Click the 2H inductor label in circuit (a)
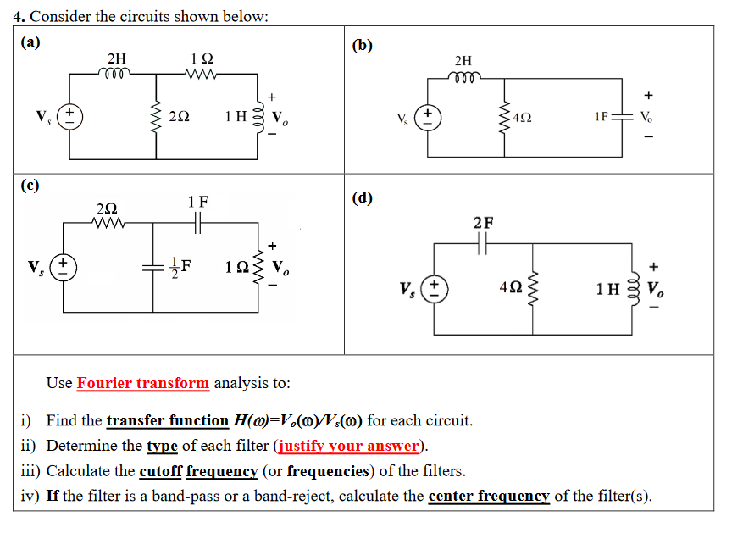click(117, 58)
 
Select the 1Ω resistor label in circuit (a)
click(202, 58)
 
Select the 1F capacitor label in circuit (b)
click(602, 116)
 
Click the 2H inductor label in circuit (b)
click(463, 60)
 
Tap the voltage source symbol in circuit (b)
click(431, 116)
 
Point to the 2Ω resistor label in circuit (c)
click(107, 208)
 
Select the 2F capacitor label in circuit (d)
click(483, 224)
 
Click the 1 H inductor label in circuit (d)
click(608, 288)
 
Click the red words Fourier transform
click(142, 383)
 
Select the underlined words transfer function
click(167, 420)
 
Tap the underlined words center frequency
click(489, 496)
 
